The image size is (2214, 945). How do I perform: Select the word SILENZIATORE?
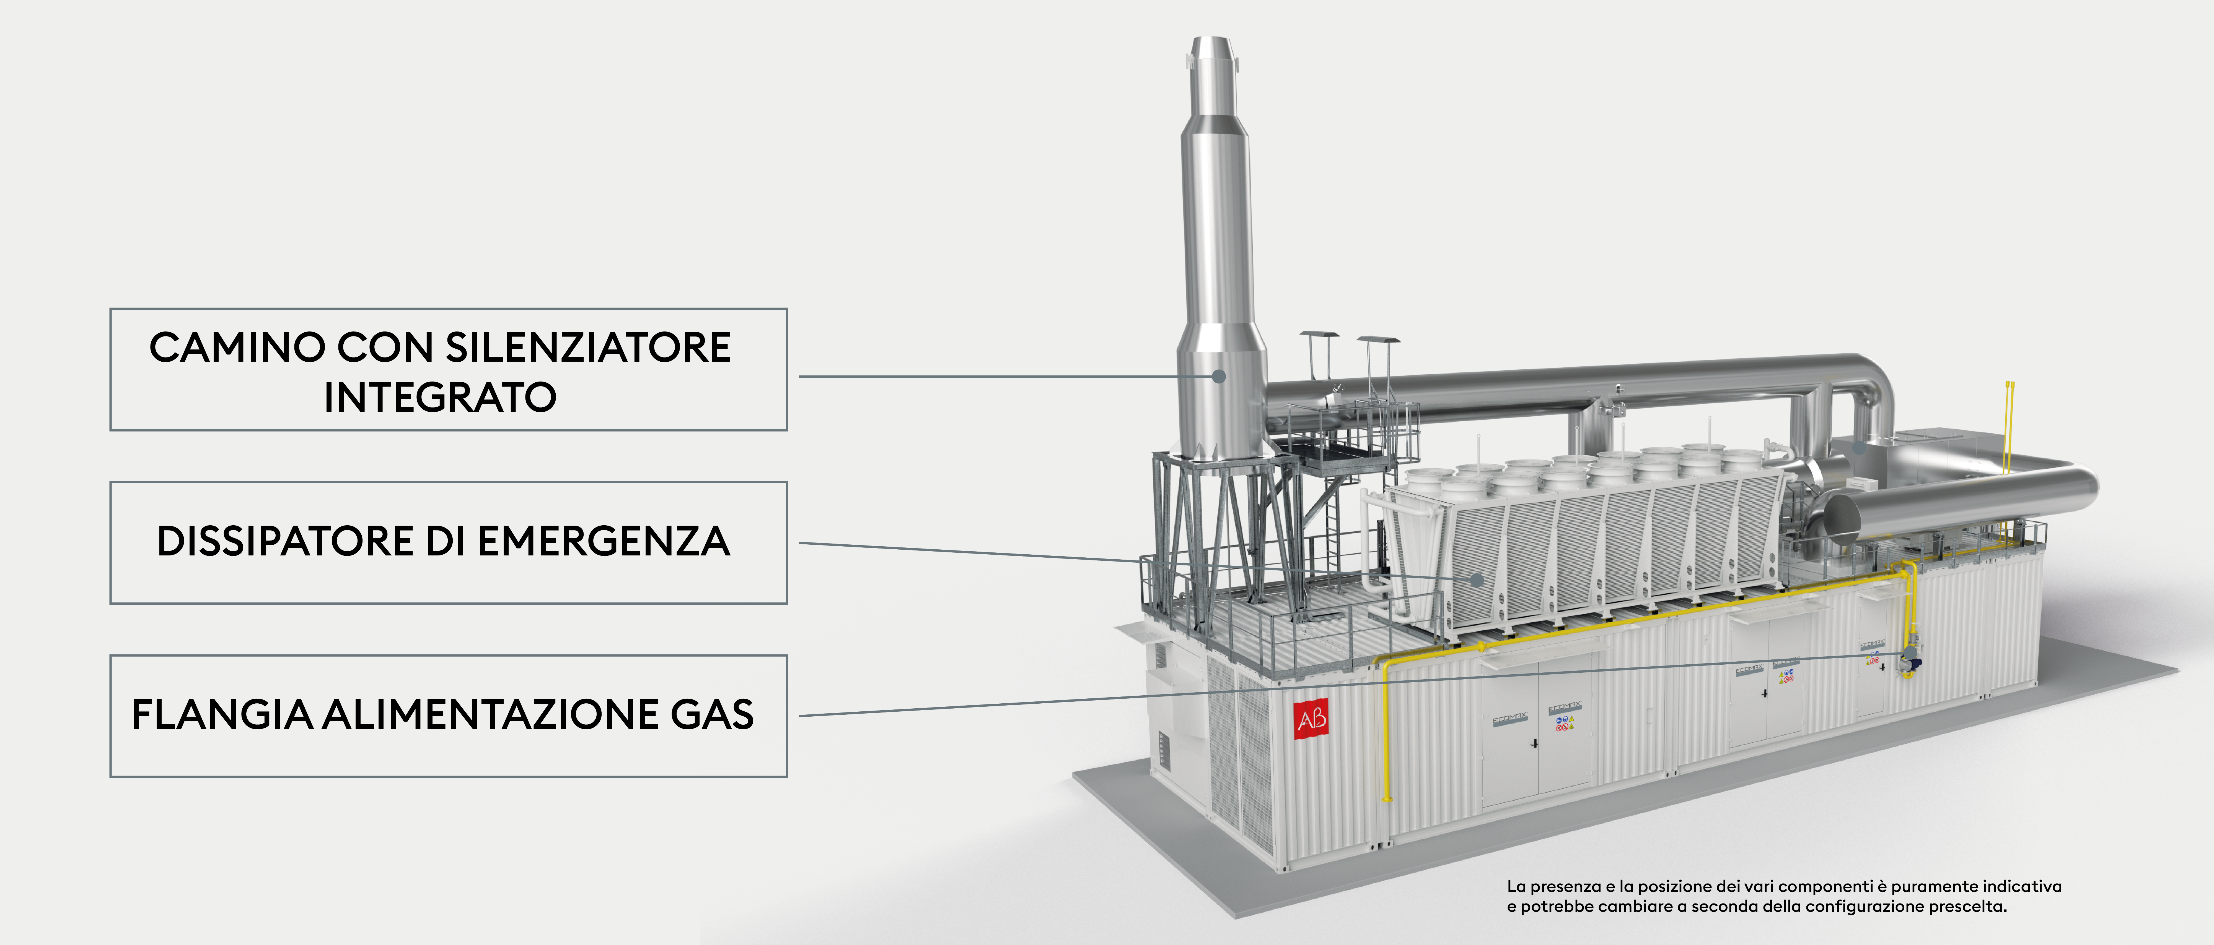[x=588, y=348]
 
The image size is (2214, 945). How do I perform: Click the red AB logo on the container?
[x=1311, y=718]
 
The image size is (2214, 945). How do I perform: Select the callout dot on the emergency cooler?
[x=1477, y=580]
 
